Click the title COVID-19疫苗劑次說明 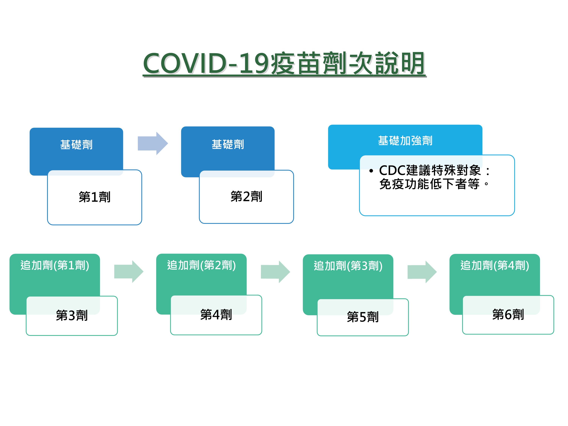284,63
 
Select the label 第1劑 94,197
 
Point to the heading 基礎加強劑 405,141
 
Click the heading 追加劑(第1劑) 55,265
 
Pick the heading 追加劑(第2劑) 201,265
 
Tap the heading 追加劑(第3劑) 348,266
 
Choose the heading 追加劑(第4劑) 495,265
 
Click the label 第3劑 72,315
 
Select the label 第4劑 216,314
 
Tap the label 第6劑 508,314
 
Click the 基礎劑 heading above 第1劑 76,145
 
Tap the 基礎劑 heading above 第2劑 228,144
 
